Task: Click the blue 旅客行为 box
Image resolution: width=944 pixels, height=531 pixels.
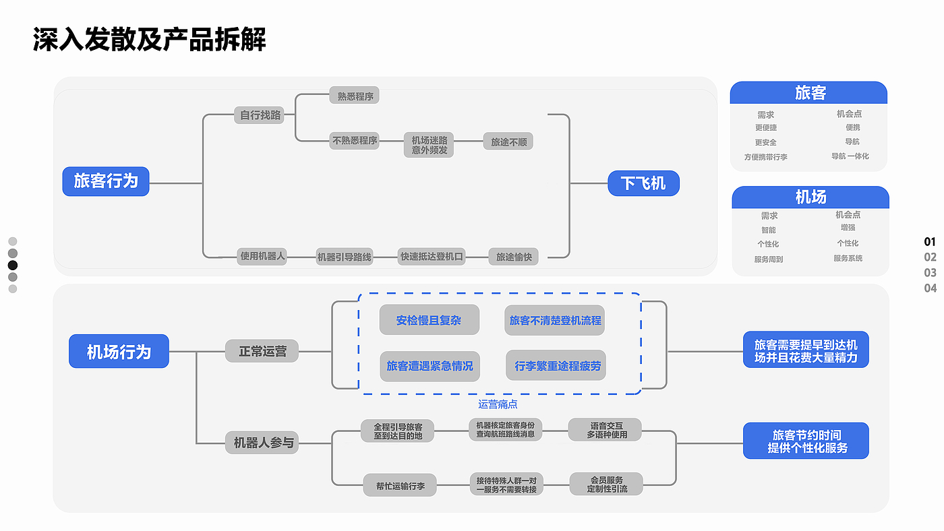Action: point(106,181)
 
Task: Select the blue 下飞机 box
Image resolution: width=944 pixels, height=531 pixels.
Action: point(643,183)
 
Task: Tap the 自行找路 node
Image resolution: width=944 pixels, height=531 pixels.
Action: point(261,115)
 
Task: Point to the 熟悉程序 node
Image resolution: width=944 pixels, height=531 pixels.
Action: point(355,96)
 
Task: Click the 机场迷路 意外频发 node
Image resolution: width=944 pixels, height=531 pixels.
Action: point(430,145)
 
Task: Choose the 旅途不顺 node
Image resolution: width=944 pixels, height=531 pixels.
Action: point(508,142)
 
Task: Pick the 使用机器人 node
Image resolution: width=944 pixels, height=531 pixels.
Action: point(263,256)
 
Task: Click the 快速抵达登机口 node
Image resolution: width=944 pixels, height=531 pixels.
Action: point(432,256)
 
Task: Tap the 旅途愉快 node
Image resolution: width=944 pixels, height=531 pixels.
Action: point(514,256)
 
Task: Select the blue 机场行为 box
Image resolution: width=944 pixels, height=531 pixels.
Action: point(119,352)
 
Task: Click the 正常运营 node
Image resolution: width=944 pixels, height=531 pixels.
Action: point(262,351)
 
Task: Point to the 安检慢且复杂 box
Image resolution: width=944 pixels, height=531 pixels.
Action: point(429,320)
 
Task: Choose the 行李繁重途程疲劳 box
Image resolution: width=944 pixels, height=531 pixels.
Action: point(556,366)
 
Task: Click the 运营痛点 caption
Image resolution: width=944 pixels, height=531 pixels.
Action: point(498,404)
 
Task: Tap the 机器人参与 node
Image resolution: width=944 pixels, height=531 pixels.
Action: point(262,443)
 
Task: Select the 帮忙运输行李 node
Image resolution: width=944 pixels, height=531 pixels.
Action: point(400,485)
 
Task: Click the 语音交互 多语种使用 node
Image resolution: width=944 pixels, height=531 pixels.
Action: point(605,430)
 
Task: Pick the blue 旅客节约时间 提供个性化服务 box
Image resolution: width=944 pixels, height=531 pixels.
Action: point(806,441)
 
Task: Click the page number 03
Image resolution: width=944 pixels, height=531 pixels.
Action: point(930,272)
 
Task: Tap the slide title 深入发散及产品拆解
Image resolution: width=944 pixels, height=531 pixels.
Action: point(150,40)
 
